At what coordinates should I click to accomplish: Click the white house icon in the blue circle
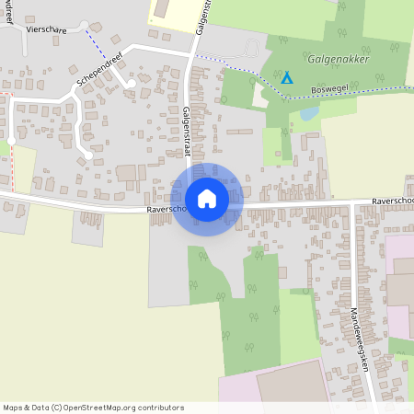click(x=207, y=199)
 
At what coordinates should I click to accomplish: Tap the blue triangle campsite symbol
click(x=287, y=79)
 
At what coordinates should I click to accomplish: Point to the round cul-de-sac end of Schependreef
click(x=132, y=84)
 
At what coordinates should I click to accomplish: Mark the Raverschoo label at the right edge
click(x=393, y=200)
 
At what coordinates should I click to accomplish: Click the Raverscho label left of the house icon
click(x=166, y=209)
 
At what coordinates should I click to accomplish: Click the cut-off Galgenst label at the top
click(x=204, y=17)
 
